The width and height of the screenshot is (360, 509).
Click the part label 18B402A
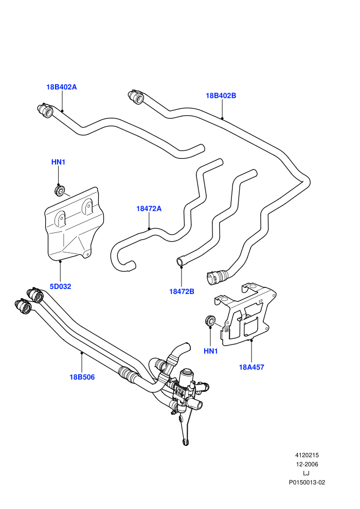(61, 87)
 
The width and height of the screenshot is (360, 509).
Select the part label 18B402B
(221, 96)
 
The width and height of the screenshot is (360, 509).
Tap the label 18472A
(149, 208)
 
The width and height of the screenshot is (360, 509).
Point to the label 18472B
(182, 291)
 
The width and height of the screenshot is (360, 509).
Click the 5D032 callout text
(60, 286)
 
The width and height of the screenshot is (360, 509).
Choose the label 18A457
(251, 367)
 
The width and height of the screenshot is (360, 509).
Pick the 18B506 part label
(82, 377)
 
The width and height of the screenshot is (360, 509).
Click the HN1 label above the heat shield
(59, 161)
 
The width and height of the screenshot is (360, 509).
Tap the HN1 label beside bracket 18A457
(211, 351)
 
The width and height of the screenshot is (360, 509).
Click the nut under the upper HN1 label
(60, 190)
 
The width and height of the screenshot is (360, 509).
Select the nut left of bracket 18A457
(211, 321)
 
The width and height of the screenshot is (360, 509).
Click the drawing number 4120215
(307, 455)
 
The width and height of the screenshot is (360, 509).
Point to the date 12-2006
(307, 464)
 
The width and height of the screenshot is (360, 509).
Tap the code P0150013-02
(307, 482)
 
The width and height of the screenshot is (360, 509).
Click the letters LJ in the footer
(306, 474)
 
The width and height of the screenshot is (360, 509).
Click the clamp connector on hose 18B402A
(45, 111)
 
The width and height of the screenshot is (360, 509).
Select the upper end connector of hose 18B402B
(136, 97)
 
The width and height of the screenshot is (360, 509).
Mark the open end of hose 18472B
(180, 261)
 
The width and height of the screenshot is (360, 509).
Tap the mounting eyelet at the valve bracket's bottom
(185, 442)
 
